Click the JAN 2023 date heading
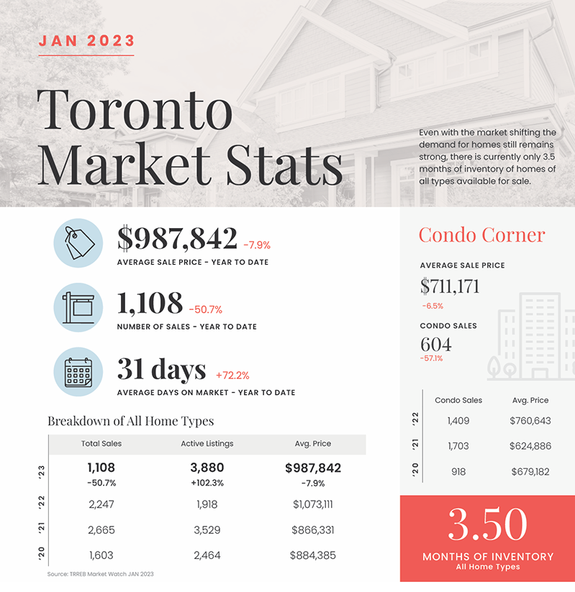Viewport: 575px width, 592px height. pos(86,40)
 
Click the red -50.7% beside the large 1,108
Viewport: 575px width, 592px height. pos(206,310)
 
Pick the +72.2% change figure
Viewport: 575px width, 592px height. pos(232,375)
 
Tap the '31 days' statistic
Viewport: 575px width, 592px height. pos(161,370)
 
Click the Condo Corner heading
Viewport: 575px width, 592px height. pos(481,234)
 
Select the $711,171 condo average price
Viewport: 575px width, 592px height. pos(450,286)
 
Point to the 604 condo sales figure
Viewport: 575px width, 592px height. pos(436,344)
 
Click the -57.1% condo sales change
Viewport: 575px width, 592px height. pos(431,358)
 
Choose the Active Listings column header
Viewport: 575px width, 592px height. pos(207,444)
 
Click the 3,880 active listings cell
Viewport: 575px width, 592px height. pos(207,468)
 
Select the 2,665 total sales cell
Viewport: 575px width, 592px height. pos(101,530)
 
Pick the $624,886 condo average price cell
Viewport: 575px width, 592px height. pos(530,446)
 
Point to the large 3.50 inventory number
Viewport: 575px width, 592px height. pos(487,526)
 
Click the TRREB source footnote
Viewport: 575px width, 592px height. pos(101,574)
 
